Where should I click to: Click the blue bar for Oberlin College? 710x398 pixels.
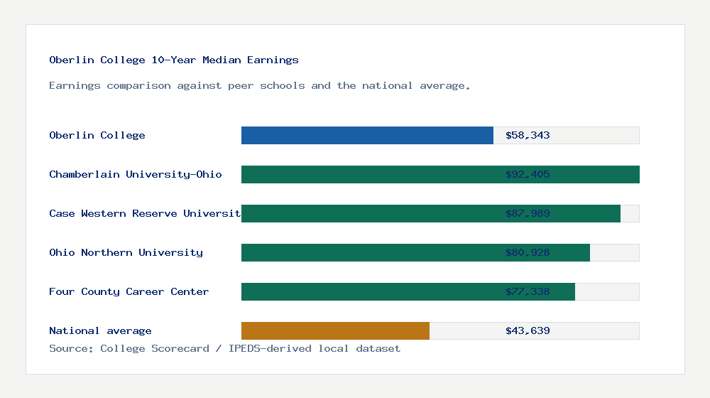(x=367, y=135)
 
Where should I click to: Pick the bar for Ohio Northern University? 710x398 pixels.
(x=369, y=252)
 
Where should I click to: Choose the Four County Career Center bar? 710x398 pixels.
(x=369, y=291)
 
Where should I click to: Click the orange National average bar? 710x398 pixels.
(x=335, y=330)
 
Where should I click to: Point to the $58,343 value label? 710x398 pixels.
(x=528, y=135)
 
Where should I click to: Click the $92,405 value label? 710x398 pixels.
(x=528, y=174)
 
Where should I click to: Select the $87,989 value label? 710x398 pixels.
(x=528, y=213)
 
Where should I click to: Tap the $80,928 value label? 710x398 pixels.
(x=528, y=252)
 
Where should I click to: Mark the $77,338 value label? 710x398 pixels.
(x=528, y=291)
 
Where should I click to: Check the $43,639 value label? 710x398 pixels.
(x=528, y=330)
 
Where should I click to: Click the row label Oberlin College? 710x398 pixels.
(x=97, y=135)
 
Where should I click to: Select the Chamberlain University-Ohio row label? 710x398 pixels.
(x=136, y=174)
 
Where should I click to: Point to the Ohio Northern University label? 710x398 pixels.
(x=126, y=252)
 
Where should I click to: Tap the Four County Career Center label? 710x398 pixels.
(x=129, y=291)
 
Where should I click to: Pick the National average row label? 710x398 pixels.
(x=100, y=330)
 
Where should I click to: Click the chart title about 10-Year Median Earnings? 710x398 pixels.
(x=174, y=60)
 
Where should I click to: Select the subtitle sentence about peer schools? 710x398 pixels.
(x=260, y=85)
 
